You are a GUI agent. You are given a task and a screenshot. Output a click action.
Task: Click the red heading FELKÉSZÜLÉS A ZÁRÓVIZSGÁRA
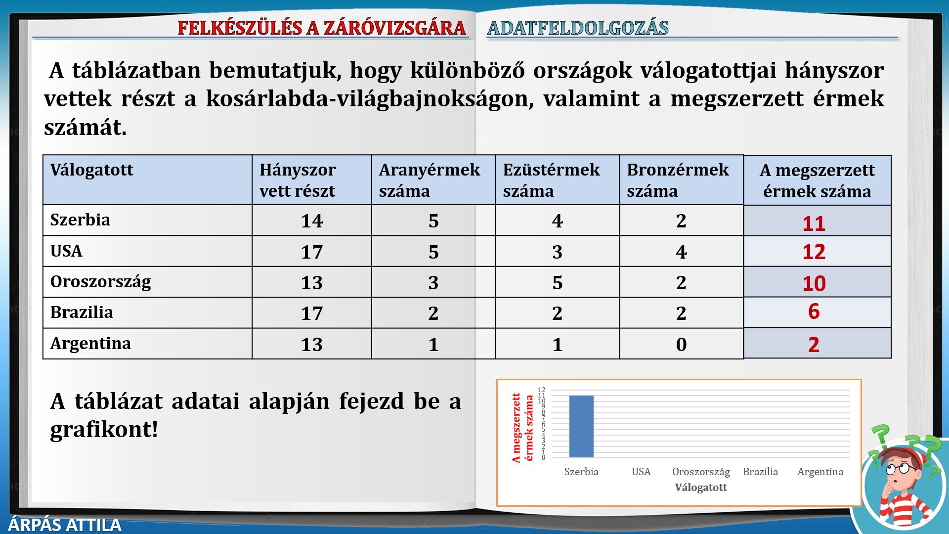322,28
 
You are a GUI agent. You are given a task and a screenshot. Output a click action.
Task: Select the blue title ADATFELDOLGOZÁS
578,28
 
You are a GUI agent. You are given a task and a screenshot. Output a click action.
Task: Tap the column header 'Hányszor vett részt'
298,180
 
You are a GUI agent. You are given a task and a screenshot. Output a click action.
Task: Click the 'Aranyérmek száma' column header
430,180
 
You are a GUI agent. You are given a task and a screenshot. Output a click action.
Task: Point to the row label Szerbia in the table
80,220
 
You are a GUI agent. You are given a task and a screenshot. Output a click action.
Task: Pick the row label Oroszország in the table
101,282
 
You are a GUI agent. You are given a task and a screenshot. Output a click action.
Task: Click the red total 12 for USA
814,252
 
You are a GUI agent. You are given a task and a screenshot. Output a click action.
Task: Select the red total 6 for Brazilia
814,311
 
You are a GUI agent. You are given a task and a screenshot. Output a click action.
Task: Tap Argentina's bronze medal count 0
681,345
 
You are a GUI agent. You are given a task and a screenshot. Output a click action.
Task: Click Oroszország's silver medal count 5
557,283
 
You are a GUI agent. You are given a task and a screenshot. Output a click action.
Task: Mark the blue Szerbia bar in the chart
581,427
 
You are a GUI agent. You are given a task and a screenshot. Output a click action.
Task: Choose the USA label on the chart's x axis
641,472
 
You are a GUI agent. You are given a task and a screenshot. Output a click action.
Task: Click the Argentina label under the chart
820,472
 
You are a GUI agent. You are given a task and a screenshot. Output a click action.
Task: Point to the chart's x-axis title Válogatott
701,488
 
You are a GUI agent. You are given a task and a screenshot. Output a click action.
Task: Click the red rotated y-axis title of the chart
522,428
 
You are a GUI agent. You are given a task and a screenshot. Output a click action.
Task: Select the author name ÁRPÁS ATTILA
65,525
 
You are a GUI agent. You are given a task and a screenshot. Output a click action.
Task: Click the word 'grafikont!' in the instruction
104,430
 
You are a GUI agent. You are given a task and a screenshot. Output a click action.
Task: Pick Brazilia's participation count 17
311,313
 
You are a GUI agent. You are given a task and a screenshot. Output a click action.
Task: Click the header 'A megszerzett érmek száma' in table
817,180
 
